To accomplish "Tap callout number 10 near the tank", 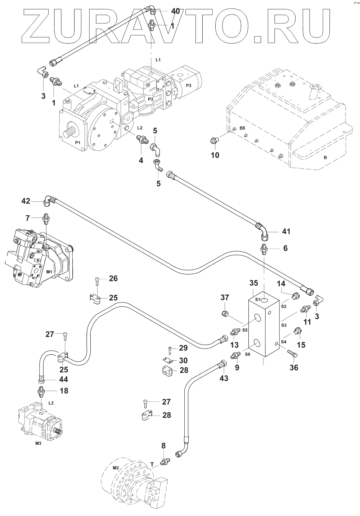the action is (215, 155).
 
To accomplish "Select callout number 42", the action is (26, 201).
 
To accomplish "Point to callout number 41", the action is (286, 231).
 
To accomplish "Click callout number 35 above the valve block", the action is (253, 283).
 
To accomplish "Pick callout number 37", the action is (225, 297).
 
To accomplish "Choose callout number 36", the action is (294, 368).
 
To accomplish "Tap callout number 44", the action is (64, 379).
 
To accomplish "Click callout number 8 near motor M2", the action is (163, 446).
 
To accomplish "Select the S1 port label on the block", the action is (258, 300).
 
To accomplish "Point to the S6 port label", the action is (248, 355).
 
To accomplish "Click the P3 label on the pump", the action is (189, 85).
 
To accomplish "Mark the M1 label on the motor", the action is (49, 272).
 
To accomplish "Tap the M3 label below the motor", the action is (39, 444).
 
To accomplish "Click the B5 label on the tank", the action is (242, 128).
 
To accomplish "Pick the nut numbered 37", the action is (225, 313).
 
